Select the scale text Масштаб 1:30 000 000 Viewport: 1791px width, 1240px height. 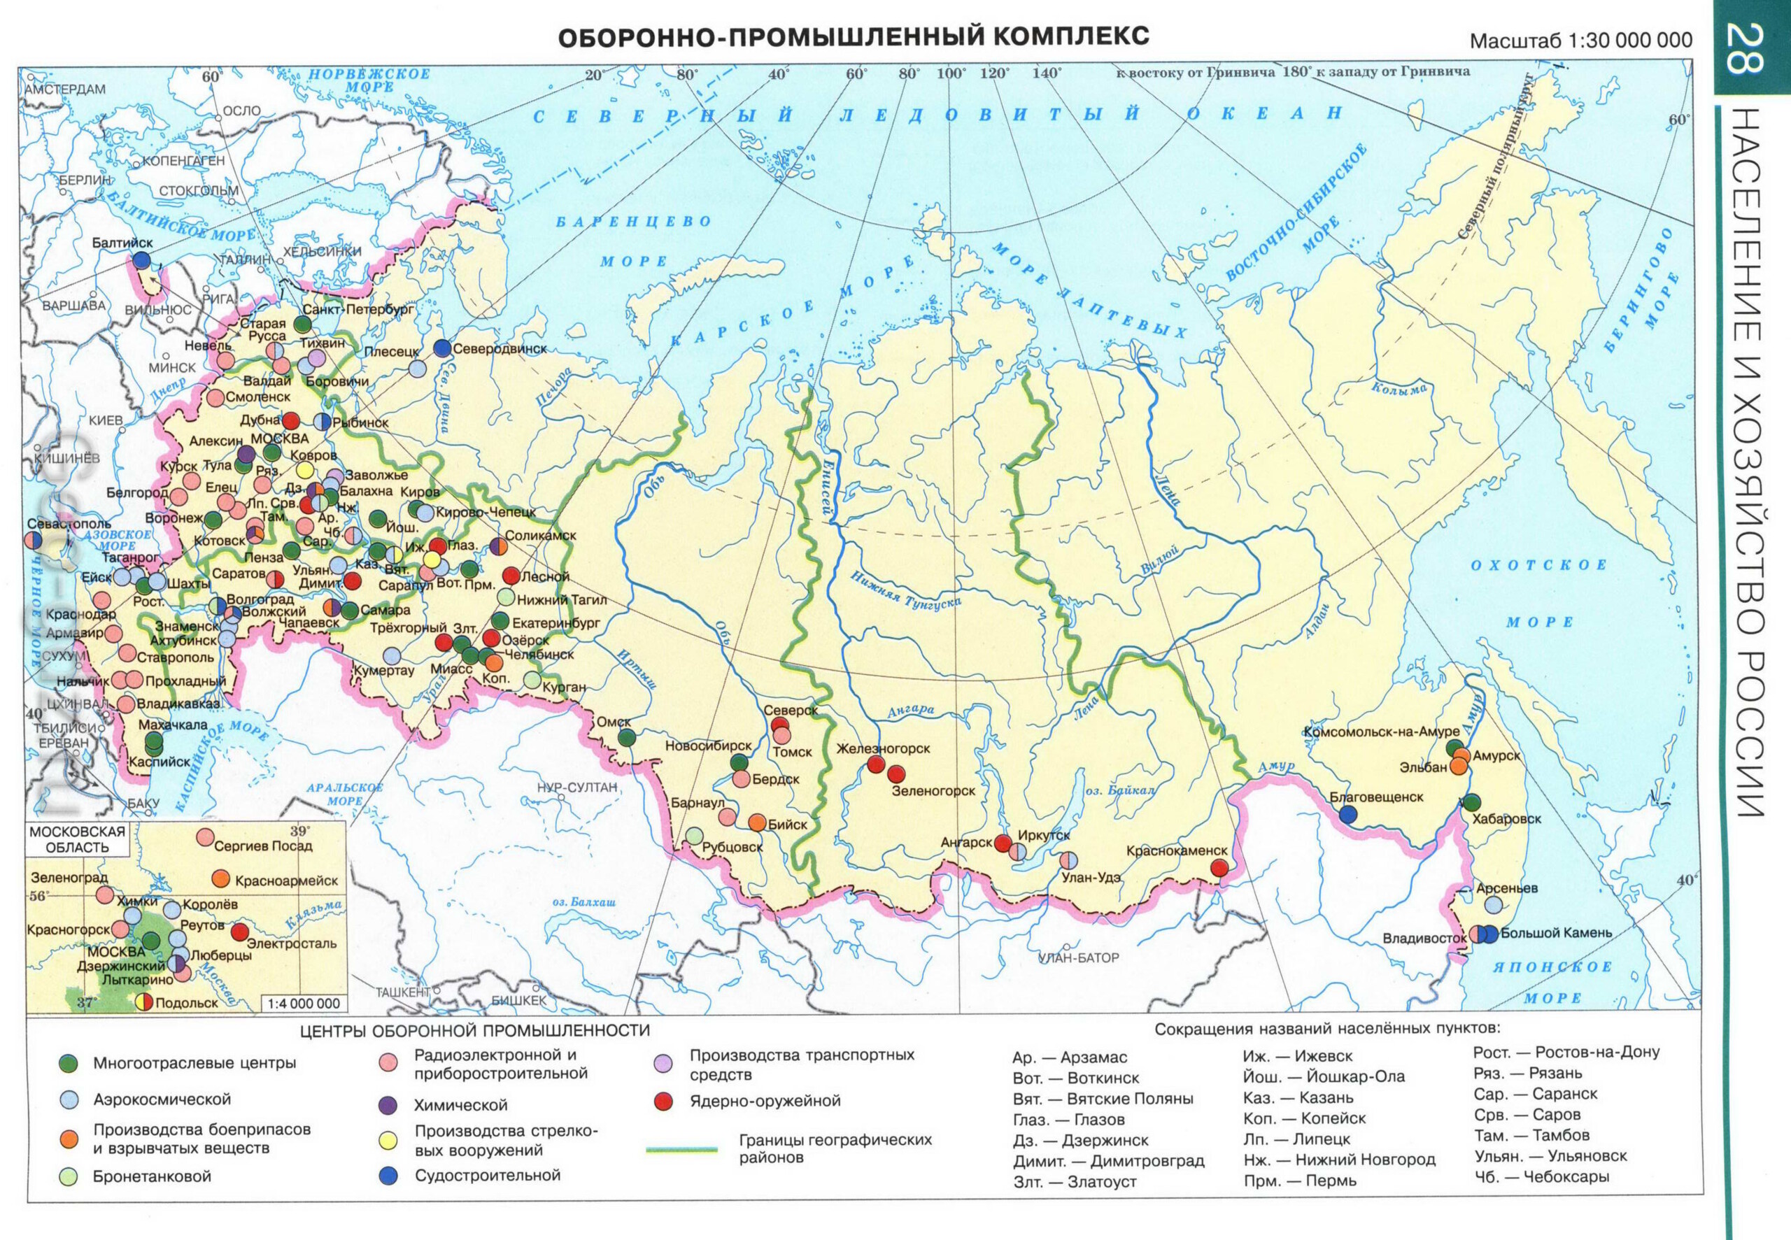tap(1580, 41)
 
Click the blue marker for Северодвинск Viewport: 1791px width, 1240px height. tap(442, 348)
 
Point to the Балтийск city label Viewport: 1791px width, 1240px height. tap(122, 243)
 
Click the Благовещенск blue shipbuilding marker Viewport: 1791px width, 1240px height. tap(1348, 814)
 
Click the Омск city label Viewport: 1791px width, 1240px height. tap(613, 722)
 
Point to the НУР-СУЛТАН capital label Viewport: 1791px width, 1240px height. tap(577, 787)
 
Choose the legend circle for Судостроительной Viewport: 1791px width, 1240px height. tap(388, 1176)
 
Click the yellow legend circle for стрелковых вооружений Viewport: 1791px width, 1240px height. tap(388, 1141)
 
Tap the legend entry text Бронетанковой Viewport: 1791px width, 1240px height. tap(152, 1176)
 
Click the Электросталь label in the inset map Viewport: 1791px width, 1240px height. tap(291, 943)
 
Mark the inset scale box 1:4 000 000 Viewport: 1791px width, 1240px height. tap(304, 1003)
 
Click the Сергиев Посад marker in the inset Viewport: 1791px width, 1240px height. tap(205, 836)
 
